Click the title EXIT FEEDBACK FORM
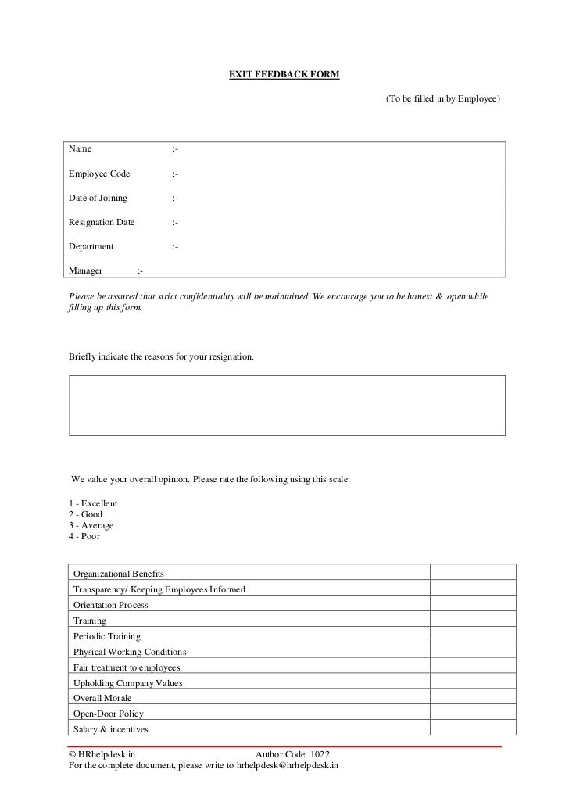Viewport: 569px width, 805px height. click(284, 75)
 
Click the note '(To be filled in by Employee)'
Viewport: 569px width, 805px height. click(442, 101)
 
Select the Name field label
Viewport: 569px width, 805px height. click(81, 149)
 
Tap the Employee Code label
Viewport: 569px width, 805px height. click(99, 174)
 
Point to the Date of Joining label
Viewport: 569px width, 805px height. click(98, 199)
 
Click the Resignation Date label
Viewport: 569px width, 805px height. click(102, 223)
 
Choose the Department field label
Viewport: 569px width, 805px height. click(91, 247)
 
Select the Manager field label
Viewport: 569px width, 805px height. click(86, 271)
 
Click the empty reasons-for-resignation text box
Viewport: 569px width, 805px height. click(287, 405)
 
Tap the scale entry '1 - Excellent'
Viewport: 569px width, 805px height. click(93, 504)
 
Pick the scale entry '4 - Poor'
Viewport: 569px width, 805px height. click(84, 537)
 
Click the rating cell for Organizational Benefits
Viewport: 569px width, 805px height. click(473, 573)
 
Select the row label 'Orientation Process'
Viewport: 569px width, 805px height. click(110, 605)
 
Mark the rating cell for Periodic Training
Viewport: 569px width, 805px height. click(473, 636)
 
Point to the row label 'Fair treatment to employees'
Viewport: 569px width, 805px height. click(127, 667)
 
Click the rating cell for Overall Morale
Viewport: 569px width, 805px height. click(473, 698)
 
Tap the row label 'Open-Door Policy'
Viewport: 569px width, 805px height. click(109, 714)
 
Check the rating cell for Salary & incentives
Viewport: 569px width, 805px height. click(473, 728)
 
